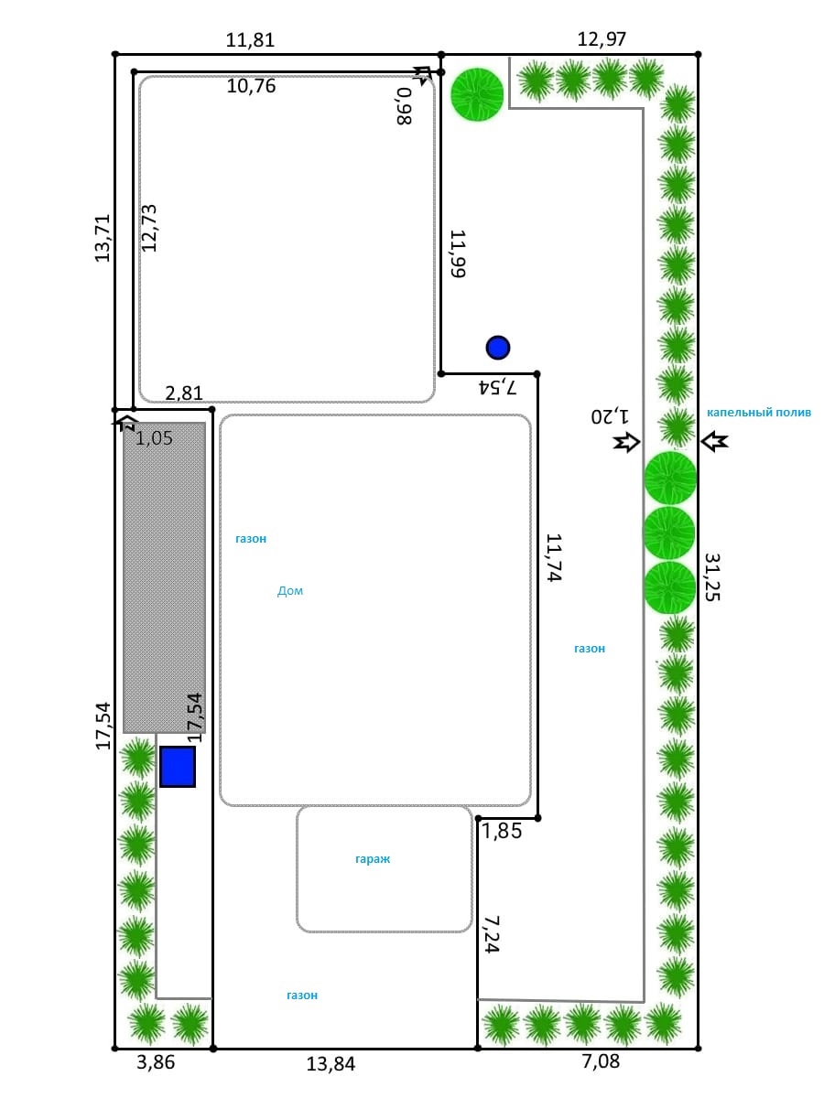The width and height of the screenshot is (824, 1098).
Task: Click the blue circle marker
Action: click(x=498, y=348)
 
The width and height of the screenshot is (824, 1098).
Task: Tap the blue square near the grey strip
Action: click(x=178, y=767)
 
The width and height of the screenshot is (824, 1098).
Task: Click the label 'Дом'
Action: click(x=290, y=591)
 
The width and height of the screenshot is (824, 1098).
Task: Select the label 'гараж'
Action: click(x=373, y=860)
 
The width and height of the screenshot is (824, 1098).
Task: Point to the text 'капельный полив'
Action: click(x=759, y=413)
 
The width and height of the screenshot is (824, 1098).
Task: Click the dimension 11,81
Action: click(x=250, y=40)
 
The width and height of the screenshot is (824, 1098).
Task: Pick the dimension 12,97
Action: click(x=602, y=39)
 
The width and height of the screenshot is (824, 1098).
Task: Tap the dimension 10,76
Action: click(x=252, y=87)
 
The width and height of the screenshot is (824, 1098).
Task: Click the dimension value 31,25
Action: click(x=712, y=576)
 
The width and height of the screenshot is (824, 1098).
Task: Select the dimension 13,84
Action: click(x=331, y=1064)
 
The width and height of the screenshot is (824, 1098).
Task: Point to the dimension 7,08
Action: click(x=602, y=1062)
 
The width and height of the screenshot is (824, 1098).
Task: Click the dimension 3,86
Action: click(x=155, y=1062)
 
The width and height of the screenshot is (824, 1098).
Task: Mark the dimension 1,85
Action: click(x=502, y=833)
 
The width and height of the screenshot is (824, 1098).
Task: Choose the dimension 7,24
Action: click(x=491, y=934)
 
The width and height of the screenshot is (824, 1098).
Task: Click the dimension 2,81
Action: click(x=184, y=393)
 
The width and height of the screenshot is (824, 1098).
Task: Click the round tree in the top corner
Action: click(x=477, y=94)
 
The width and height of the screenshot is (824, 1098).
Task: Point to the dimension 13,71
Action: click(x=103, y=238)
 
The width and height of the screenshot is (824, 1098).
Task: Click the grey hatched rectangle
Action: click(x=165, y=577)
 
